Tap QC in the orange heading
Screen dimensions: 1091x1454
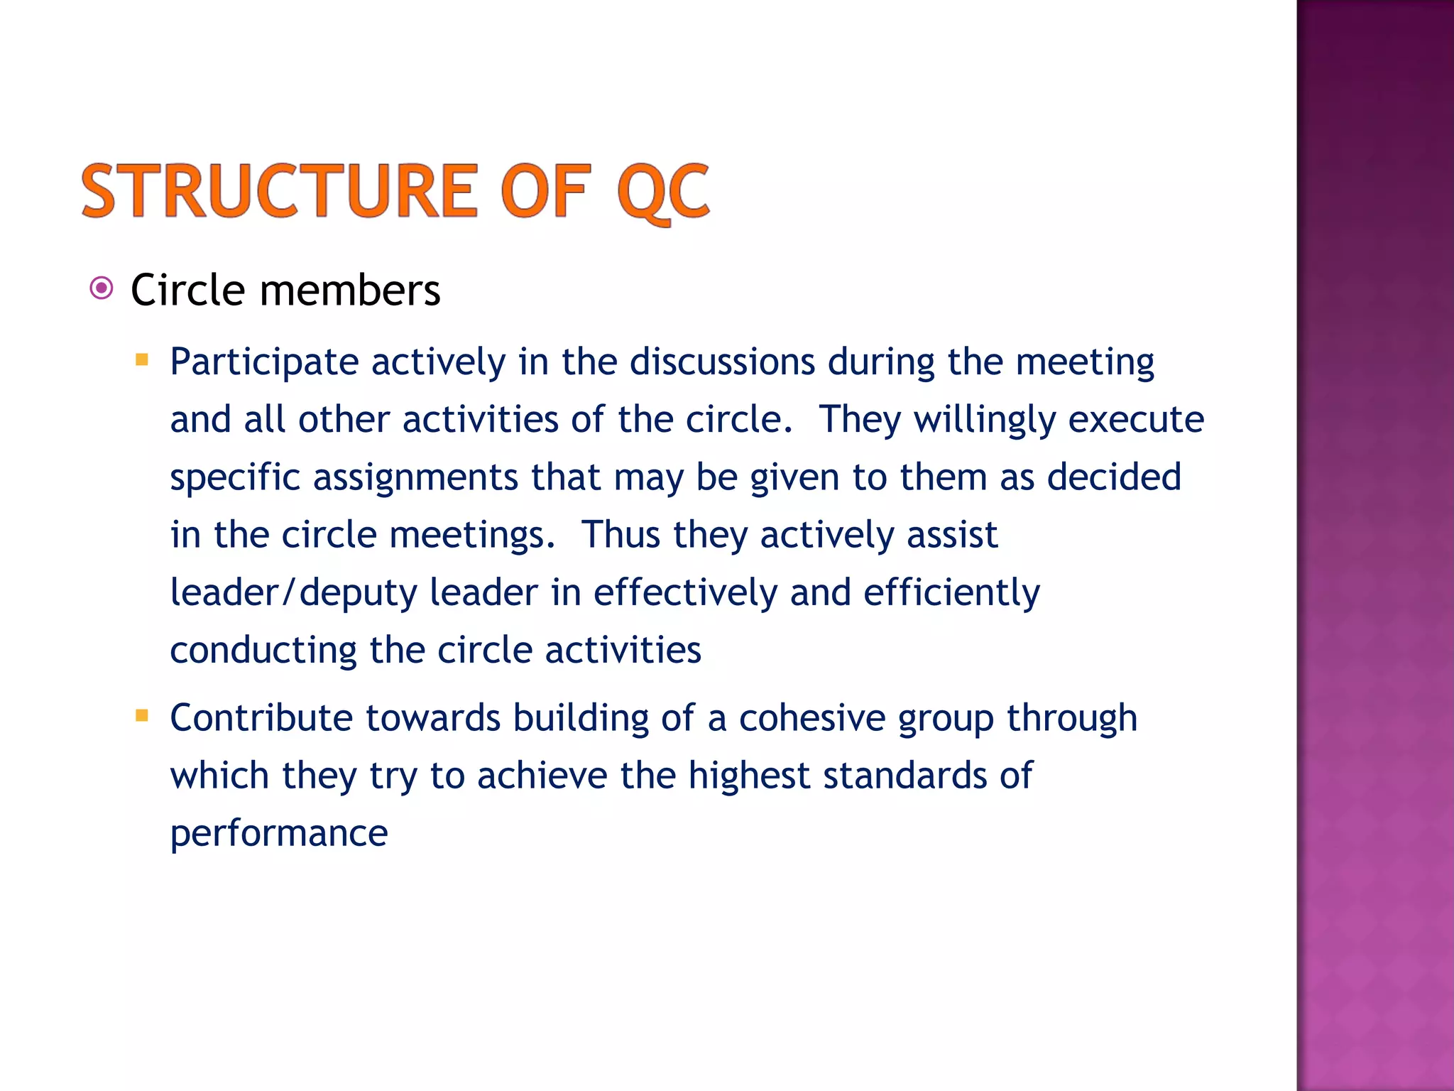click(663, 192)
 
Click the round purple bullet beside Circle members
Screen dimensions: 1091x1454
click(102, 288)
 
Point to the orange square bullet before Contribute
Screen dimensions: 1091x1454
click(142, 715)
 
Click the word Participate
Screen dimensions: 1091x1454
click(264, 363)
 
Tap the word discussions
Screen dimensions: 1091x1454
click(722, 362)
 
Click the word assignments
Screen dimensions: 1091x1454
click(415, 477)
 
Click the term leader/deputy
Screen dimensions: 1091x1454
click(294, 593)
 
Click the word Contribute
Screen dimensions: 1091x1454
click(261, 718)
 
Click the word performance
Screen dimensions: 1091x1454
click(279, 834)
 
